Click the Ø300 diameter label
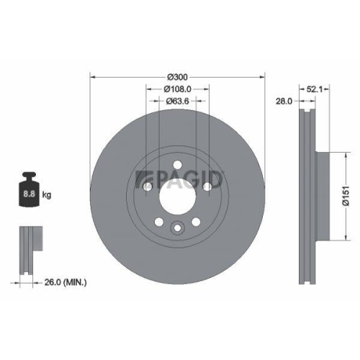[x=178, y=77]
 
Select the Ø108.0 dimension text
[x=178, y=89]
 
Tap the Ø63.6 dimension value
[x=178, y=102]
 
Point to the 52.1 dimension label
[x=315, y=89]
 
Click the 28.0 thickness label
[x=284, y=102]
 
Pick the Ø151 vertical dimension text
[x=346, y=196]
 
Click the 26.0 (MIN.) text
[x=66, y=282]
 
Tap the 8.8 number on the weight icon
[x=30, y=194]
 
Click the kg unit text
[x=47, y=194]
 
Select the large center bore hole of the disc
[x=177, y=197]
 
